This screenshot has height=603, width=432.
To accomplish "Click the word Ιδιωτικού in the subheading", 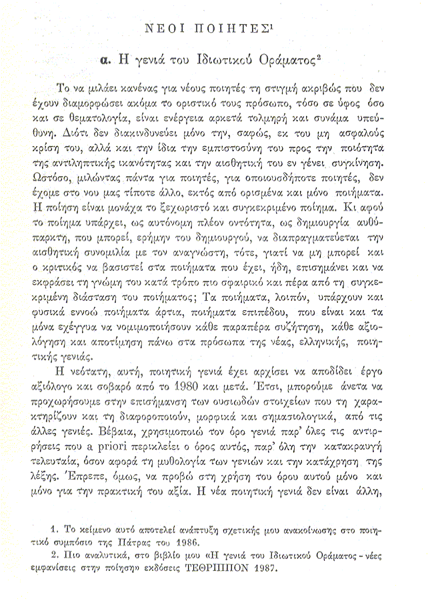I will click(227, 59).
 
